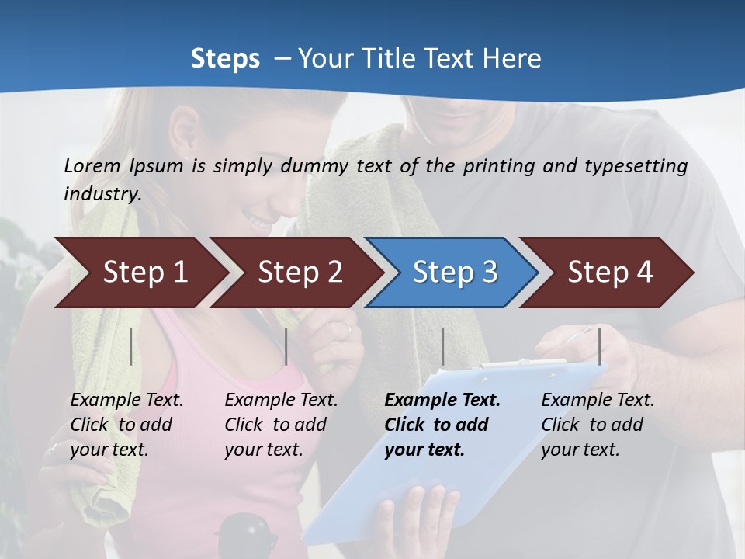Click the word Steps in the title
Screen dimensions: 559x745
click(225, 59)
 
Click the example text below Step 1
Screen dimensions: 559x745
click(126, 425)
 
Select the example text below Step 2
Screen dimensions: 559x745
click(281, 425)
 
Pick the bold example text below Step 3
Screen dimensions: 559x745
click(442, 425)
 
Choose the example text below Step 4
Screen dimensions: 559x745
click(598, 425)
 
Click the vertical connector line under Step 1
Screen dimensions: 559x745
click(131, 346)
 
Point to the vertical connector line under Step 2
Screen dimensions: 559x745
click(286, 346)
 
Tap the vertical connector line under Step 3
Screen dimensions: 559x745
click(442, 346)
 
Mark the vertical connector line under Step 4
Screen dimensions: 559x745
click(599, 346)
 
